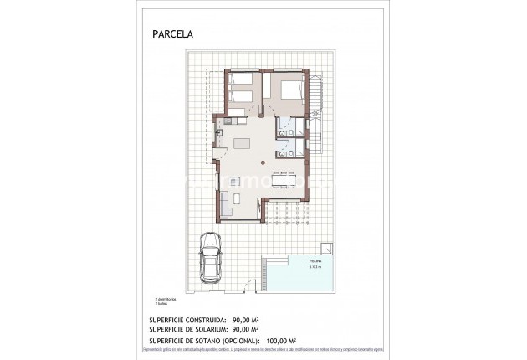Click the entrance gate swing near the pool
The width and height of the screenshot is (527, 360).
(243, 291)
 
